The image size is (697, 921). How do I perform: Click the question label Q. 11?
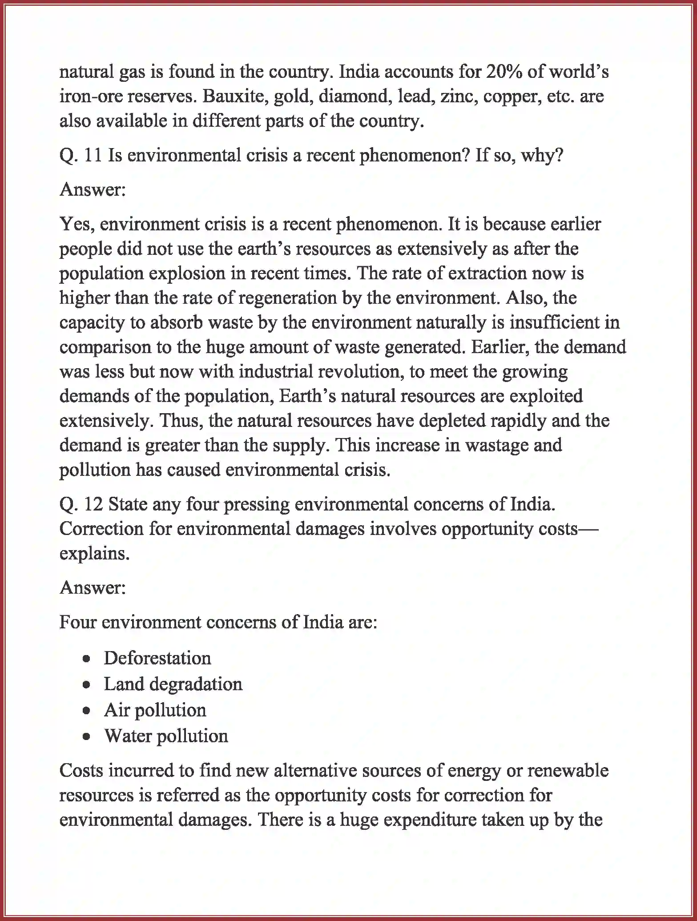click(81, 156)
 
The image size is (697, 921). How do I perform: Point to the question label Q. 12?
click(81, 504)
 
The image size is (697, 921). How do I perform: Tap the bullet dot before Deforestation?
click(87, 659)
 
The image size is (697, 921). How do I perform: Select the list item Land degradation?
click(173, 684)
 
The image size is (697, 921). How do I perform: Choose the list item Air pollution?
click(155, 710)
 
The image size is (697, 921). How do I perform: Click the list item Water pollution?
click(166, 736)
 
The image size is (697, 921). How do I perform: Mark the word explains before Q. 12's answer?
click(94, 554)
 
